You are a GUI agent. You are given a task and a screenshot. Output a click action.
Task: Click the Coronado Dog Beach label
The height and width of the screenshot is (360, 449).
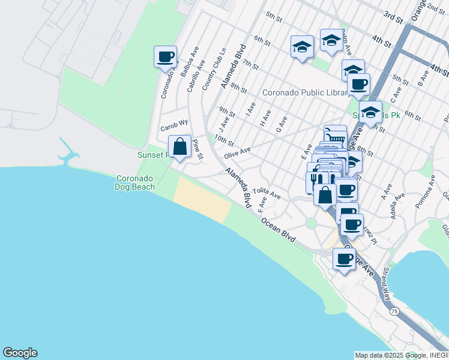pyautogui.click(x=134, y=182)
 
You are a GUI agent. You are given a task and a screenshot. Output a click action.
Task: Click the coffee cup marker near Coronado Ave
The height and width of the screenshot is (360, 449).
pyautogui.click(x=165, y=58)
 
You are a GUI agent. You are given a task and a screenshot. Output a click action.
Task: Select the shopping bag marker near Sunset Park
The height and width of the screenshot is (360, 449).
pyautogui.click(x=179, y=146)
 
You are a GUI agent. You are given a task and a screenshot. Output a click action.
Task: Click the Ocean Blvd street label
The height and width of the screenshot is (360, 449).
pyautogui.click(x=278, y=230)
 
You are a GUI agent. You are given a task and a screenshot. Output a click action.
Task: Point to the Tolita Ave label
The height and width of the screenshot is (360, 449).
pyautogui.click(x=267, y=193)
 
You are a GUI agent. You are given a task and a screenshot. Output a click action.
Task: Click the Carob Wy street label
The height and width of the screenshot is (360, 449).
pyautogui.click(x=174, y=128)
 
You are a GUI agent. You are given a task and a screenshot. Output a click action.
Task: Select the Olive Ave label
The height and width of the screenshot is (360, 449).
pyautogui.click(x=237, y=154)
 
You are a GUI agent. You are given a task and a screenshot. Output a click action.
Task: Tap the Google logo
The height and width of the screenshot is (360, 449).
pyautogui.click(x=20, y=353)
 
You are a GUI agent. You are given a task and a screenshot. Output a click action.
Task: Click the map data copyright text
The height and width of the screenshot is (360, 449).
pyautogui.click(x=401, y=355)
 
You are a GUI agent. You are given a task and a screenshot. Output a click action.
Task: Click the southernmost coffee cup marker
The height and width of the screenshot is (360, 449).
pyautogui.click(x=344, y=259)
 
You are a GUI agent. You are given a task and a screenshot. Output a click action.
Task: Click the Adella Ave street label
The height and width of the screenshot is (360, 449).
pyautogui.click(x=397, y=206)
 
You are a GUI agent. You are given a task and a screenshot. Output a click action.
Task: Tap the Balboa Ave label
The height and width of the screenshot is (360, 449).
pyautogui.click(x=194, y=58)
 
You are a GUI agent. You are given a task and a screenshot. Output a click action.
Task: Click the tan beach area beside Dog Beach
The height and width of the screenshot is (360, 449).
pyautogui.click(x=202, y=200)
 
